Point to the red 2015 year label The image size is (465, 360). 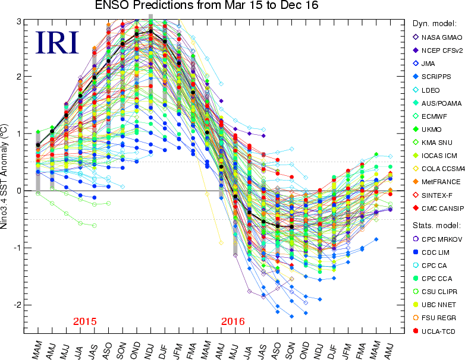84,321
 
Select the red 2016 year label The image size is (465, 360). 232,321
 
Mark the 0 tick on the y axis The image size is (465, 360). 19,191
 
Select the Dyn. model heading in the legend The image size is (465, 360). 434,24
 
